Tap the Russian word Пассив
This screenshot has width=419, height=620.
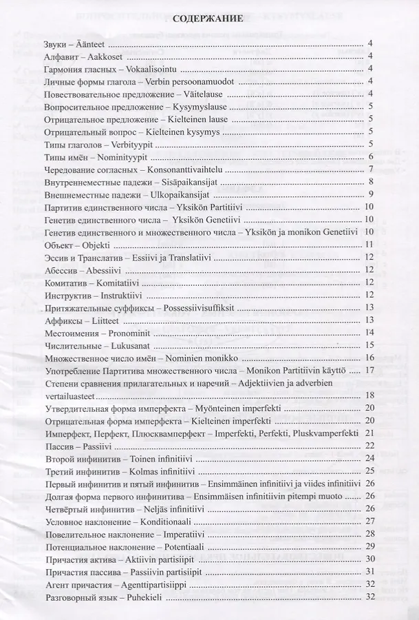[x=61, y=446]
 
